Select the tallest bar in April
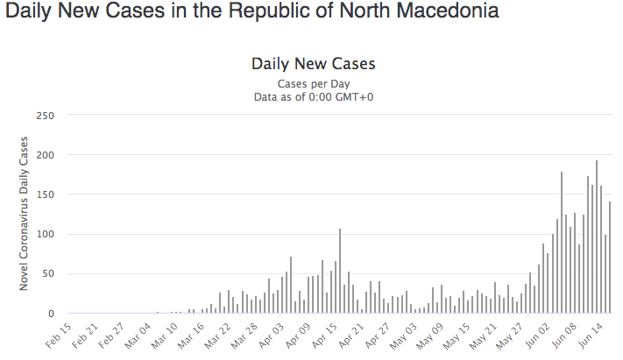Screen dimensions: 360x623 coord(340,271)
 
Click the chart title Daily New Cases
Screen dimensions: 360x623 coord(313,64)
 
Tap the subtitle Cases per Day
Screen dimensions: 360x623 coord(313,83)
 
